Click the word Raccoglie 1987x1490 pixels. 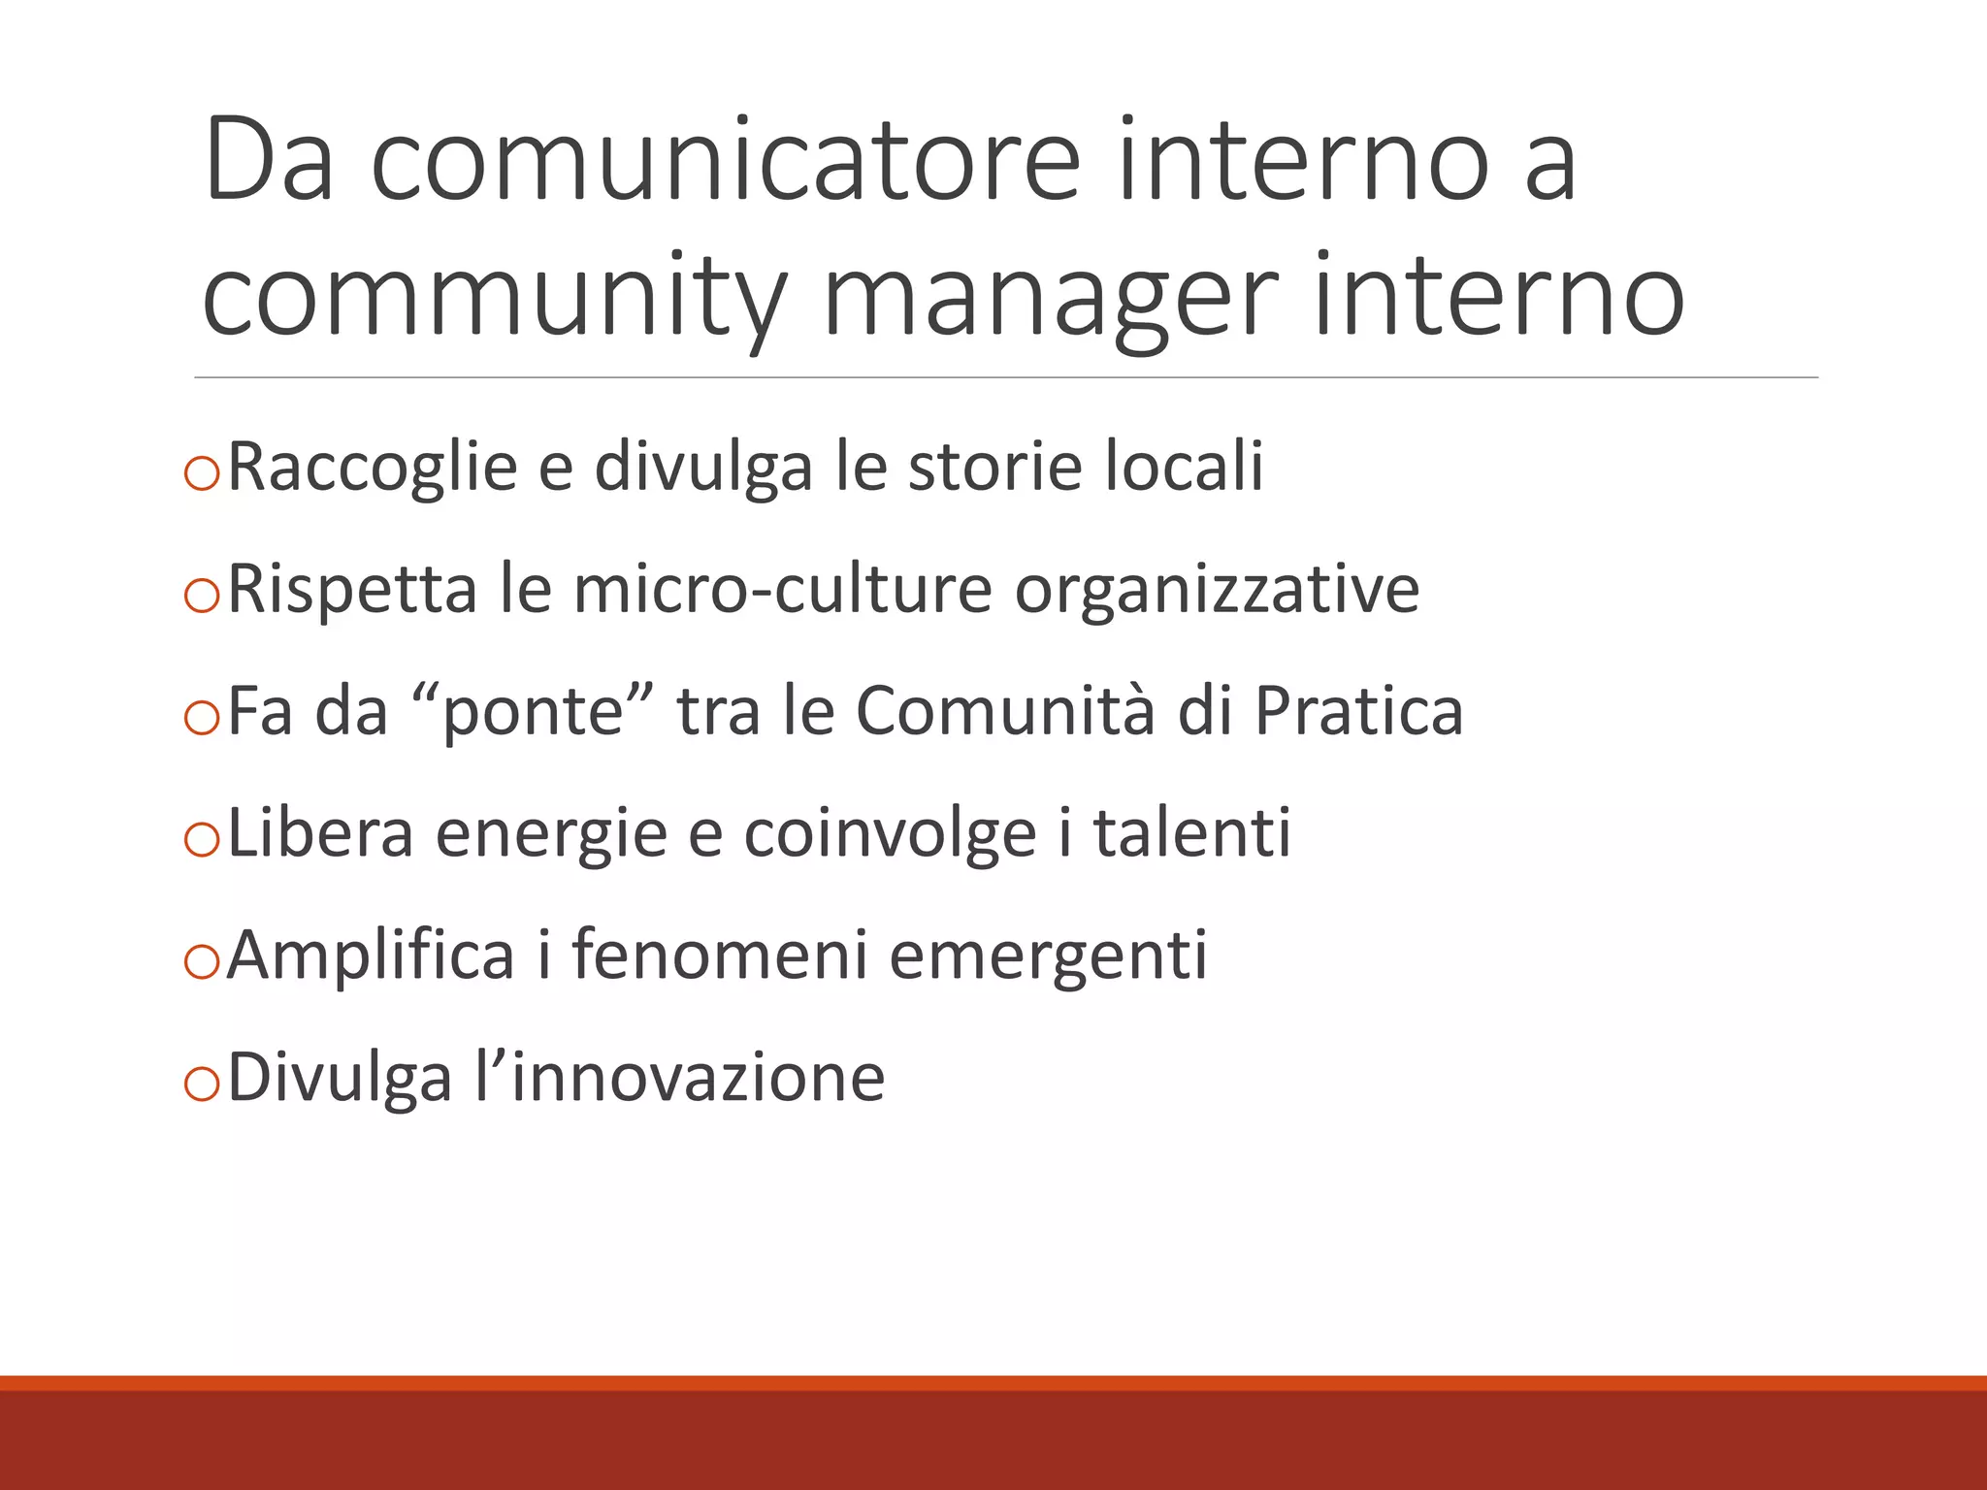tap(372, 467)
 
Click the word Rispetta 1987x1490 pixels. tap(352, 589)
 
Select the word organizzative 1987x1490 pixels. tap(1217, 589)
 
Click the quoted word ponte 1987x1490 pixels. tap(533, 711)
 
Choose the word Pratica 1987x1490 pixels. tap(1358, 711)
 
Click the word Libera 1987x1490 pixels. tap(320, 833)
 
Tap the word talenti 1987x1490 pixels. tap(1192, 833)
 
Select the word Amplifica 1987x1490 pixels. tap(370, 956)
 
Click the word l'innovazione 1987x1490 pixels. tap(679, 1078)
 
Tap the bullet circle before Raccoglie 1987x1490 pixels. tap(202, 474)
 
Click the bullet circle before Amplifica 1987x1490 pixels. tap(202, 963)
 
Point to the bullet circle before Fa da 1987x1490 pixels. tap(202, 719)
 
